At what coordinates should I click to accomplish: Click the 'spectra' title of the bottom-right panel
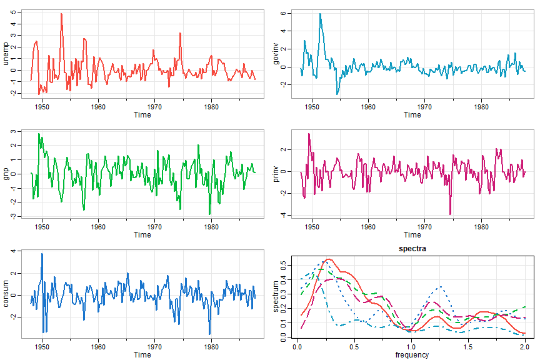[x=412, y=249]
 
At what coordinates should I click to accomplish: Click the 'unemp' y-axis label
[x=7, y=52]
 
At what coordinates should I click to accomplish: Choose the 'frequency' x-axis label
[x=412, y=355]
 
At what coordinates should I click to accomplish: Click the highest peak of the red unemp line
[x=61, y=14]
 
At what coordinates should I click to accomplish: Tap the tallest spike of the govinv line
[x=320, y=14]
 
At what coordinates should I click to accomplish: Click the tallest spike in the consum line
[x=42, y=254]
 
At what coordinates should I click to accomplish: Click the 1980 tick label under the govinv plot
[x=481, y=107]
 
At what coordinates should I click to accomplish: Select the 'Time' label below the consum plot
[x=142, y=355]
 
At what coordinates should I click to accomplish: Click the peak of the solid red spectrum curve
[x=329, y=259]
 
